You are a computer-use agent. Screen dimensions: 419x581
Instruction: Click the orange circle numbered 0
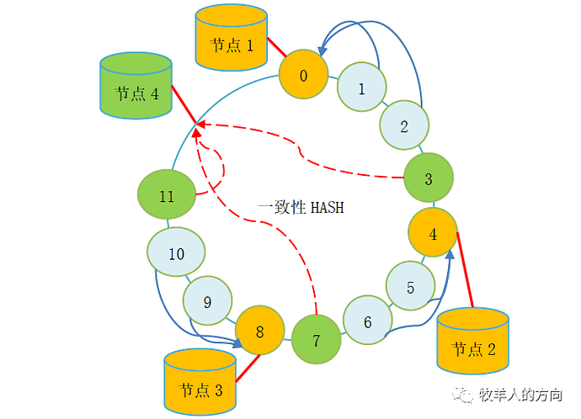point(303,77)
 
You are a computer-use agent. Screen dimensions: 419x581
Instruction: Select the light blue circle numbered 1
point(362,88)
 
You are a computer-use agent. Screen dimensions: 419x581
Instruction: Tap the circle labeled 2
point(404,127)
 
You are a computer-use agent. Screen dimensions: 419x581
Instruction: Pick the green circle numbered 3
point(428,178)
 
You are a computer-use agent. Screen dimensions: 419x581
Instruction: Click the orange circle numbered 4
point(433,235)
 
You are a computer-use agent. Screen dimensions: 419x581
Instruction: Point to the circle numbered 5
point(411,287)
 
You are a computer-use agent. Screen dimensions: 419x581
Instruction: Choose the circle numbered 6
point(368,321)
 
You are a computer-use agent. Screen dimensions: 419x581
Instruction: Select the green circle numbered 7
point(317,341)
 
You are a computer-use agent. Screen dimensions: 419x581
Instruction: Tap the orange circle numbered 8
point(259,331)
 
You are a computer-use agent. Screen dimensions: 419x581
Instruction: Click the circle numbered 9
point(208,301)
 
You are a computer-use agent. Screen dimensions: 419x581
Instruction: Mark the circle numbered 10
point(176,254)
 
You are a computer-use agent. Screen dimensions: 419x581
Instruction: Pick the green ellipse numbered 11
point(167,197)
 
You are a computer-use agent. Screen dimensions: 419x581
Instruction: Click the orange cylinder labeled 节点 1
point(231,39)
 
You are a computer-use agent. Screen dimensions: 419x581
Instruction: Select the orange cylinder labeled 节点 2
point(473,342)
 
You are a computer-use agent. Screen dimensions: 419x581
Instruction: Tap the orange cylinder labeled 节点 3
point(200,383)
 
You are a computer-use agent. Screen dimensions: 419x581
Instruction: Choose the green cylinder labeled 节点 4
point(136,86)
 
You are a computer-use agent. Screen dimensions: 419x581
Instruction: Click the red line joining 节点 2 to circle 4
point(465,269)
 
